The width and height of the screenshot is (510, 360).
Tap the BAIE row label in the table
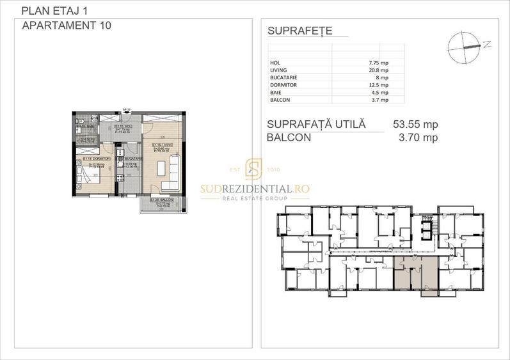pyautogui.click(x=276, y=92)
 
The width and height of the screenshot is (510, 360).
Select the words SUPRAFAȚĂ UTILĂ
pyautogui.click(x=317, y=124)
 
